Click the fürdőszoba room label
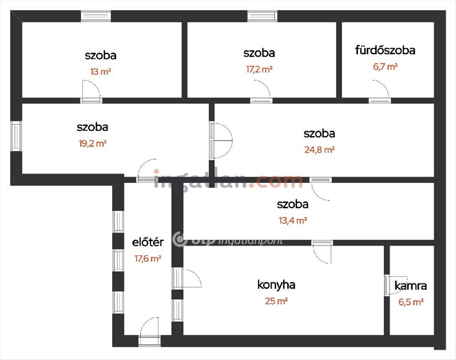pyautogui.click(x=385, y=51)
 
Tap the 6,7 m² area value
pyautogui.click(x=385, y=67)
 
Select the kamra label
pyautogui.click(x=410, y=286)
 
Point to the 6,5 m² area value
pyautogui.click(x=411, y=302)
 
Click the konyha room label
pyautogui.click(x=276, y=285)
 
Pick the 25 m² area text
pyautogui.click(x=276, y=301)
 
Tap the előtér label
pyautogui.click(x=148, y=242)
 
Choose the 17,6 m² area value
pyautogui.click(x=148, y=259)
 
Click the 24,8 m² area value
pyautogui.click(x=320, y=150)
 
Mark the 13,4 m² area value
pyautogui.click(x=293, y=221)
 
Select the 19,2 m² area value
pyautogui.click(x=93, y=144)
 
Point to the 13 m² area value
pyautogui.click(x=101, y=71)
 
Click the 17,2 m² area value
pyautogui.click(x=259, y=69)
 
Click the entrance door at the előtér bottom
pyautogui.click(x=149, y=332)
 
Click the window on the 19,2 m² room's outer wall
pyautogui.click(x=16, y=136)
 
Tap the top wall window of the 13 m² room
pyautogui.click(x=96, y=16)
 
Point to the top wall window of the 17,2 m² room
pyautogui.click(x=263, y=16)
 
